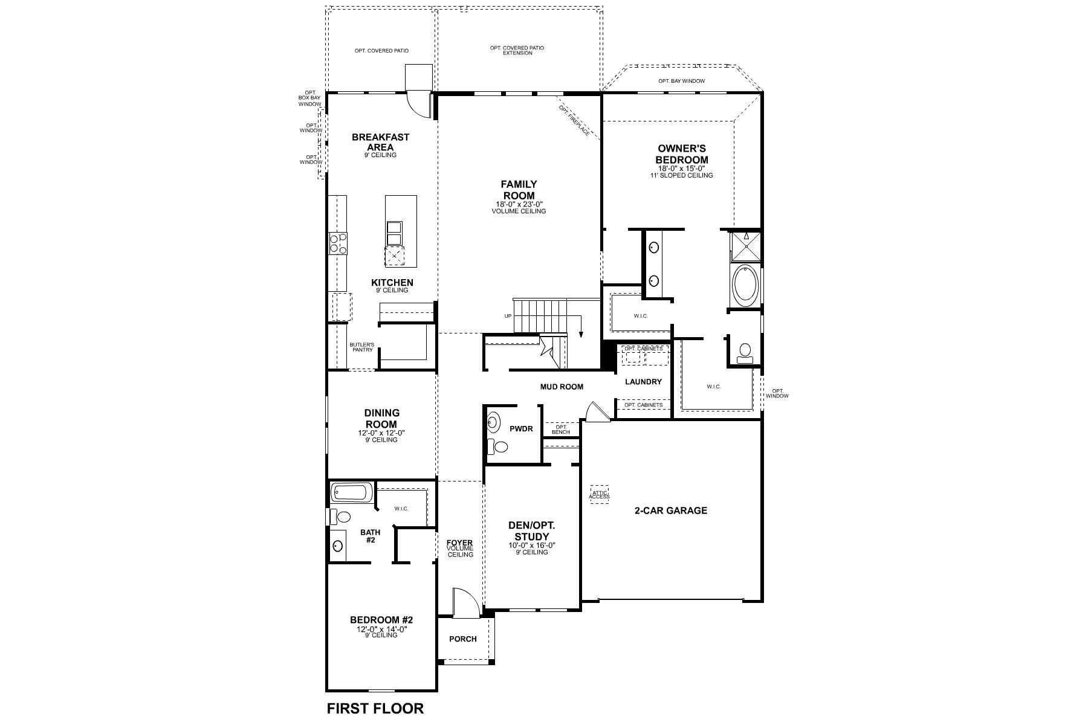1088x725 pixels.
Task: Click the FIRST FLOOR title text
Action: [x=375, y=708]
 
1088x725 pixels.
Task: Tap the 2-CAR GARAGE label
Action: [x=670, y=511]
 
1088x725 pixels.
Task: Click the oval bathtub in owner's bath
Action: [x=745, y=286]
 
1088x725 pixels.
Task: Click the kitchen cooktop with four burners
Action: [x=338, y=243]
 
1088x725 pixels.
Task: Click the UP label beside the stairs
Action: [x=508, y=316]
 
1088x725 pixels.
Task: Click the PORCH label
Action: [x=463, y=639]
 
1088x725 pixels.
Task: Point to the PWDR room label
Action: [x=521, y=428]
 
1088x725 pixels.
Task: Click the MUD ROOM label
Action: [x=562, y=387]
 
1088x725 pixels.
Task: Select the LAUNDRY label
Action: [x=643, y=382]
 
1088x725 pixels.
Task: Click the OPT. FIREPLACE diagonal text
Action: [x=574, y=120]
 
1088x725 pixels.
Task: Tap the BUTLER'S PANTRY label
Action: [x=362, y=347]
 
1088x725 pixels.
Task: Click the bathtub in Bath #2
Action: [x=351, y=493]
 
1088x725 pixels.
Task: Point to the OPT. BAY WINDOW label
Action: [x=681, y=81]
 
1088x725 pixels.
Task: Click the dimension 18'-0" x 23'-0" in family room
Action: [x=519, y=204]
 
